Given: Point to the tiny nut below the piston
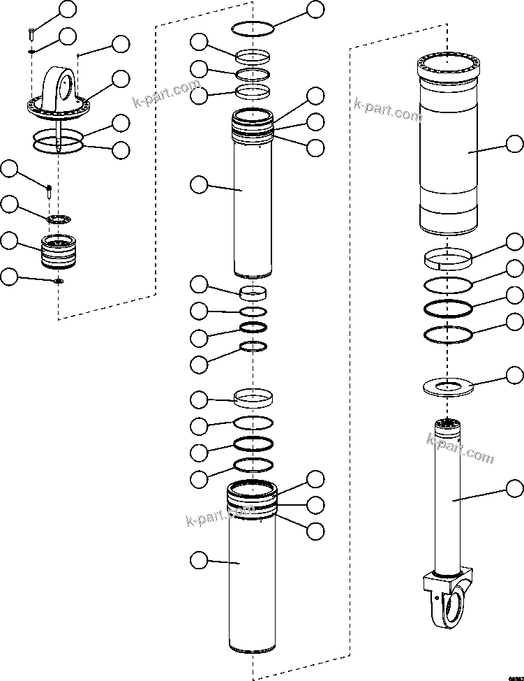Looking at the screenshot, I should point(59,281).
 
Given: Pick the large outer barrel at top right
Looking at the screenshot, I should point(448,147).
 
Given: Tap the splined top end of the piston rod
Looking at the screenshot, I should point(447,424).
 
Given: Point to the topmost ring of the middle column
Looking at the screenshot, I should point(252,27).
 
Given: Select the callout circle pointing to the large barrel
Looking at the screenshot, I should point(514,145).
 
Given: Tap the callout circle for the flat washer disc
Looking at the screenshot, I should point(514,376).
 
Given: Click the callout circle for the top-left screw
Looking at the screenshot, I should point(68,9).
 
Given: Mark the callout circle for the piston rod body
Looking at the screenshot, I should point(514,488).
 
